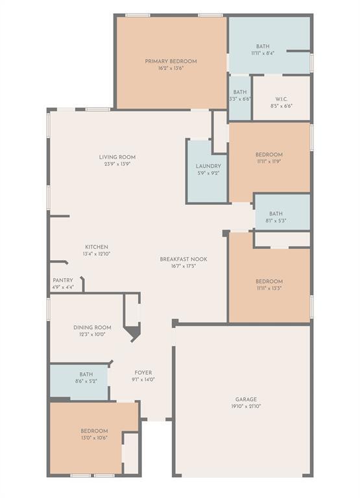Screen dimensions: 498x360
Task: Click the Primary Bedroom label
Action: click(x=171, y=61)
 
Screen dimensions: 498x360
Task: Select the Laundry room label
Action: click(x=208, y=167)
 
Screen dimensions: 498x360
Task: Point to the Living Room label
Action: click(x=117, y=157)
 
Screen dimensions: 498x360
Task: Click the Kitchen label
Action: click(x=97, y=247)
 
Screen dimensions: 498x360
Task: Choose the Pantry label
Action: click(x=63, y=280)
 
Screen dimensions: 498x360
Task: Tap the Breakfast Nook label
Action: click(x=184, y=259)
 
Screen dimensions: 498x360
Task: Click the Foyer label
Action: click(x=143, y=373)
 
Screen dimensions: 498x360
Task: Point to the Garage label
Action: click(x=246, y=399)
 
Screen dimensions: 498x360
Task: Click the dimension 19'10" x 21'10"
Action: click(x=246, y=407)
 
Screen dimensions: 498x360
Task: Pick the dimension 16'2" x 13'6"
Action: click(x=171, y=68)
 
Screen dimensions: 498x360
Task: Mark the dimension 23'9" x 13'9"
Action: click(x=117, y=164)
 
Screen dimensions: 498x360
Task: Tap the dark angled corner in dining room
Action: click(x=133, y=334)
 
